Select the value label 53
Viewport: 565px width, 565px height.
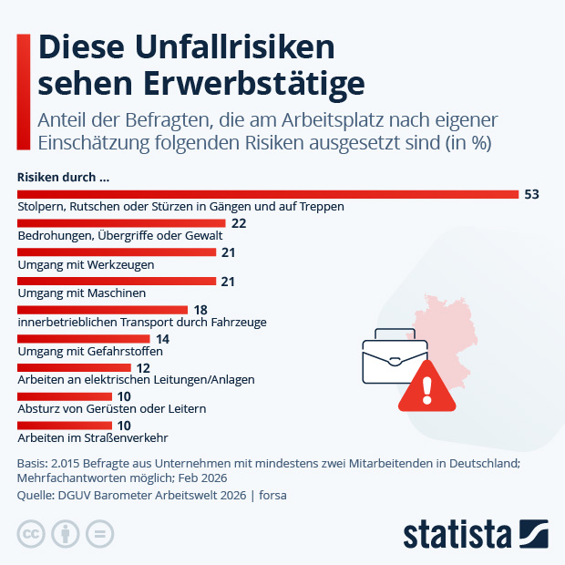coord(532,194)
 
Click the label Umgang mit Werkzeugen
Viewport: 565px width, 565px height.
coord(86,264)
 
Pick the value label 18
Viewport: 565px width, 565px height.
coord(201,311)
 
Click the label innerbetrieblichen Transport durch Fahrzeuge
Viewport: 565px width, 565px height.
coord(142,322)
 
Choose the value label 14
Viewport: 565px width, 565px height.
coord(163,339)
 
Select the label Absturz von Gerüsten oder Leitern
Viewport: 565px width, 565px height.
coord(111,408)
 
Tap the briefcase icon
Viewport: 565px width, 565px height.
coord(395,357)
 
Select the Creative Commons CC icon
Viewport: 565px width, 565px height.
coord(31,534)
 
